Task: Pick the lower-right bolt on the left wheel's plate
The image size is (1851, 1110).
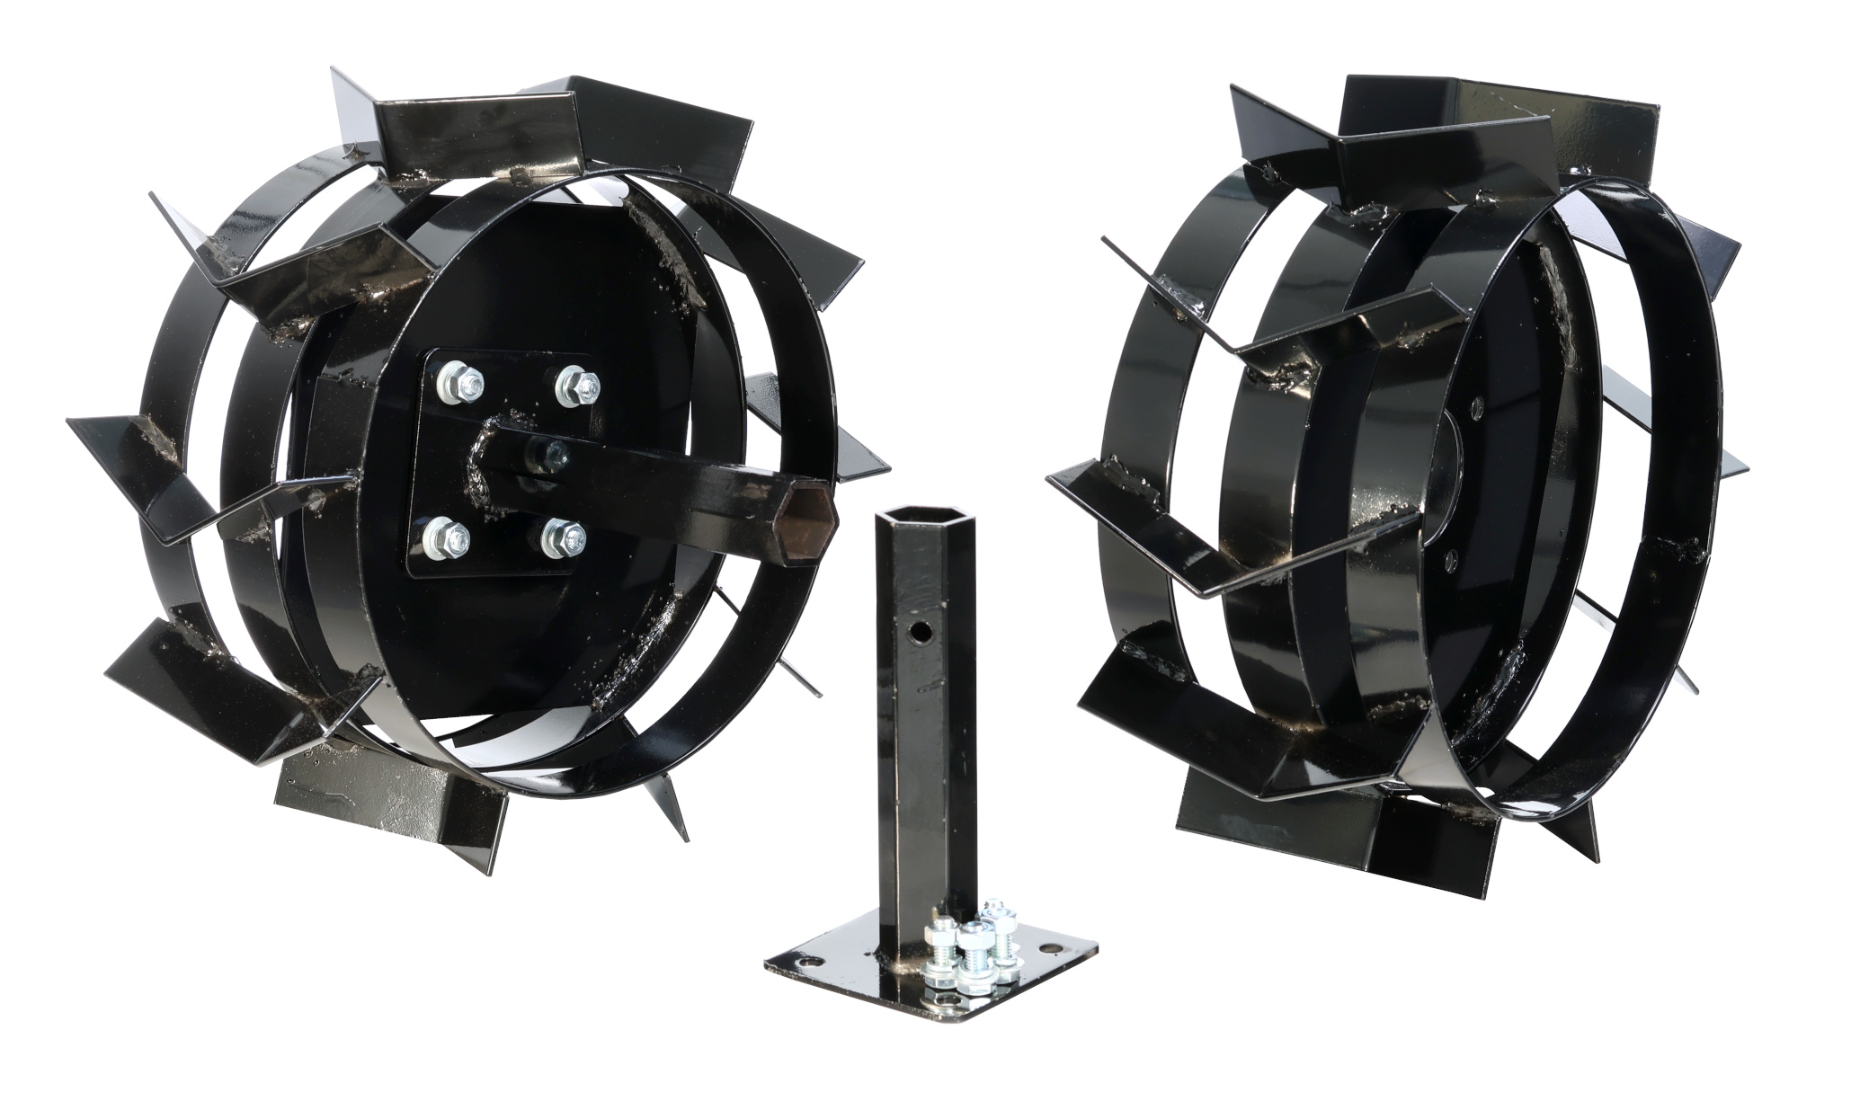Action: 559,539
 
